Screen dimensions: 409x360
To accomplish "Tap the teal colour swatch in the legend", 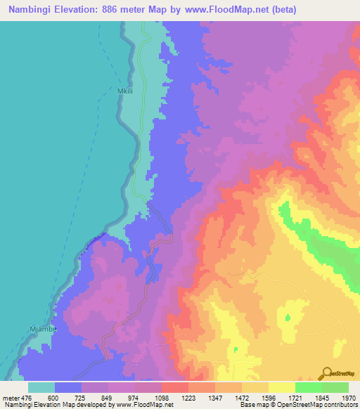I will point(41,387).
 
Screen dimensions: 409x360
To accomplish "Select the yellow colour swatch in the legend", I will point(281,387).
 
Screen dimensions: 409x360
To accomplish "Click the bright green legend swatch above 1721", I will point(308,387).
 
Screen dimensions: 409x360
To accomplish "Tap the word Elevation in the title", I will point(77,10).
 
